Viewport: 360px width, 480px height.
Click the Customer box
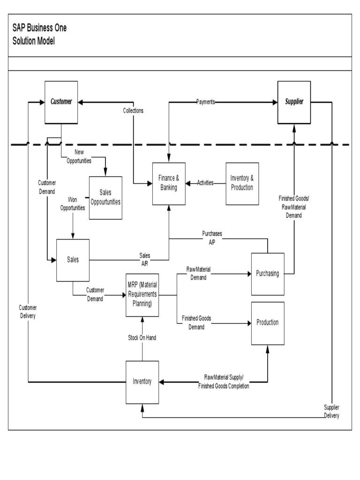coord(61,102)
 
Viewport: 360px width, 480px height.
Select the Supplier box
coord(294,102)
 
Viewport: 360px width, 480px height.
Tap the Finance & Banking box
coord(169,183)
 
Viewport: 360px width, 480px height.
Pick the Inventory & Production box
coord(242,183)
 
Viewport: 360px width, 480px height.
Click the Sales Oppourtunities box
coord(105,197)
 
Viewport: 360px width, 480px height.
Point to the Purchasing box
coord(267,274)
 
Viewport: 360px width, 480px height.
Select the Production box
coord(267,322)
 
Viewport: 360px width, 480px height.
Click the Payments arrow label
coord(205,102)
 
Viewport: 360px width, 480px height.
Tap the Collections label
coord(133,111)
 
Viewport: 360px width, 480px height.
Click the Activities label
coord(205,183)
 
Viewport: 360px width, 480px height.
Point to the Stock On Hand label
coord(142,337)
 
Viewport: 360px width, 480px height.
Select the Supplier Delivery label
coord(331,412)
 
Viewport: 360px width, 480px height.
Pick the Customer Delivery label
coord(28,312)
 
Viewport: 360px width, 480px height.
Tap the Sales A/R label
coord(144,259)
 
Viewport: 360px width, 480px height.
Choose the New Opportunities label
coord(79,156)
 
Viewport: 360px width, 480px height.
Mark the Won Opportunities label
coord(73,203)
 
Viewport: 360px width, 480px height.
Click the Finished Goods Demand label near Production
coord(196,322)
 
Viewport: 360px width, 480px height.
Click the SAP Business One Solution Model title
coord(40,34)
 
